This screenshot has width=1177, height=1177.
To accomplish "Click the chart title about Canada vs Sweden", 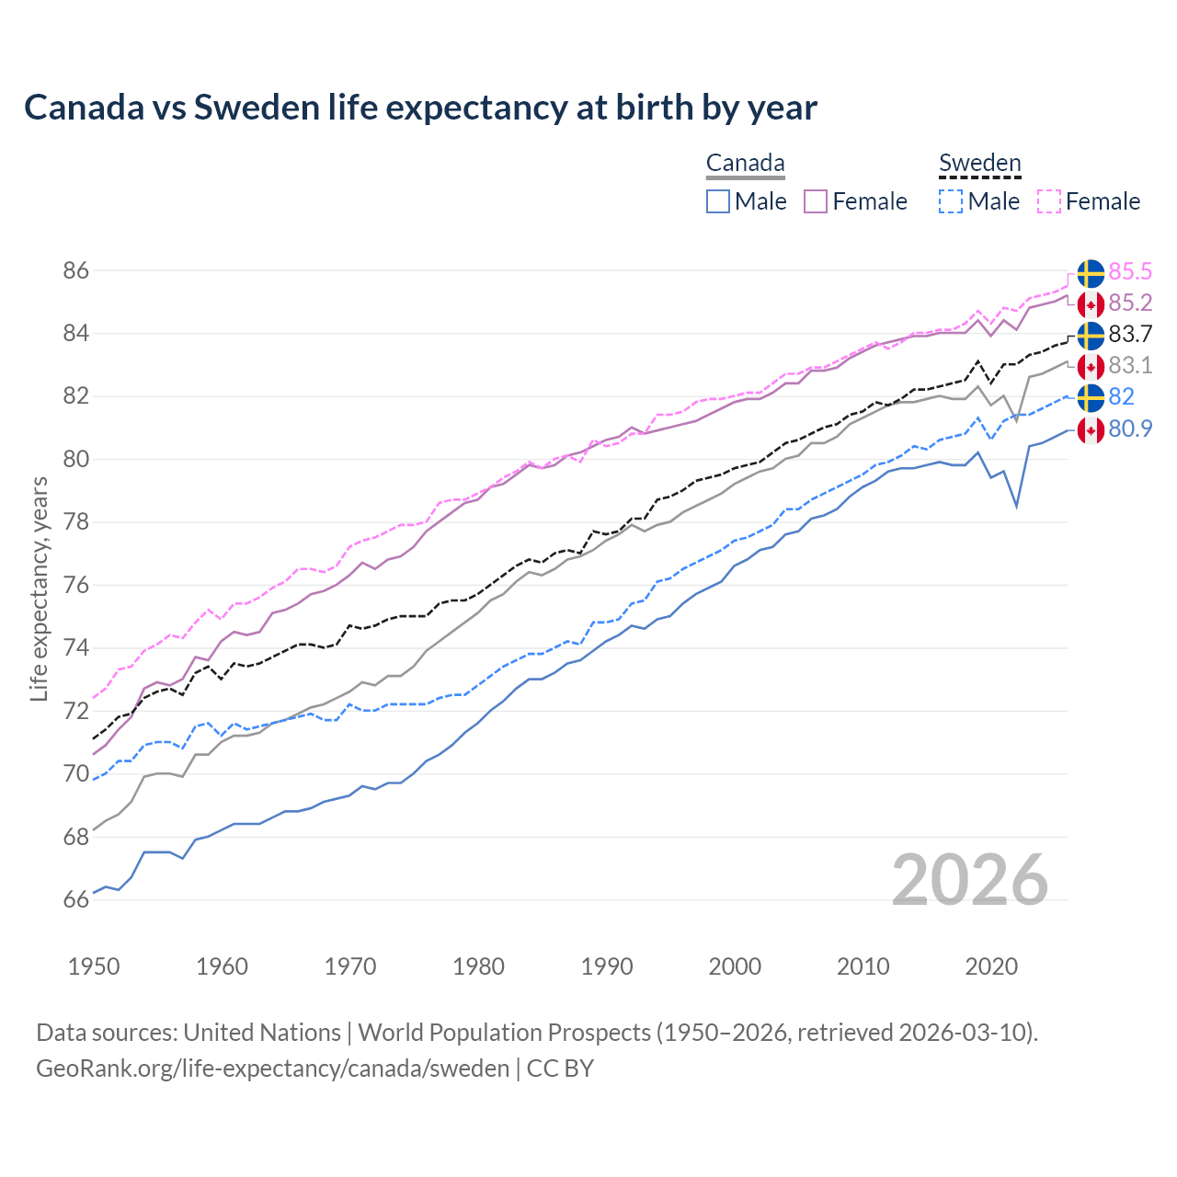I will (420, 108).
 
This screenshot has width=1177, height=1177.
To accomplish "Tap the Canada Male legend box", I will (718, 201).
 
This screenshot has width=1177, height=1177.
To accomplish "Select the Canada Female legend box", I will (816, 201).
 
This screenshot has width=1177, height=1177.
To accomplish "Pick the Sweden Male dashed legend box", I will (951, 201).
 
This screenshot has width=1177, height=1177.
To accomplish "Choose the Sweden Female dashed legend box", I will (1049, 201).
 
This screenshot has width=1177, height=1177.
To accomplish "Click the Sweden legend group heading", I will (979, 164).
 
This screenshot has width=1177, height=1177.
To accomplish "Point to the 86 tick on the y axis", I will (76, 271).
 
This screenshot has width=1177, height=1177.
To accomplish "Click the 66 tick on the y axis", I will (76, 899).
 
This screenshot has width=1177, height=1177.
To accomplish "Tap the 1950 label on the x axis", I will (94, 966).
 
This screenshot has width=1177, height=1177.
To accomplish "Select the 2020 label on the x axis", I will (991, 966).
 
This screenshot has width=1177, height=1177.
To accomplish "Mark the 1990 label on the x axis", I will (607, 966).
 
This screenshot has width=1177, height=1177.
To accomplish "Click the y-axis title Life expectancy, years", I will (39, 588).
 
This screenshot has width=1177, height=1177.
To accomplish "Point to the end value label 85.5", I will (1130, 272).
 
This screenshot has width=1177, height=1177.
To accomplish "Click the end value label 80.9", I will (1130, 429).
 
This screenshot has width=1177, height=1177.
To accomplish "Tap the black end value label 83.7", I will (1130, 335).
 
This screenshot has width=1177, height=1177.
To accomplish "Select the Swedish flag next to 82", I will (1091, 397).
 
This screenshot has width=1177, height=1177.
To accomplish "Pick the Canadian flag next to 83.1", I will (1091, 366).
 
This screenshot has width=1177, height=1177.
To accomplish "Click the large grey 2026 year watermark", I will (969, 881).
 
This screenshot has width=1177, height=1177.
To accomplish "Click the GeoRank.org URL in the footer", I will (272, 1068).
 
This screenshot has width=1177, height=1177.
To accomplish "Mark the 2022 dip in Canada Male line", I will (1016, 506).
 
